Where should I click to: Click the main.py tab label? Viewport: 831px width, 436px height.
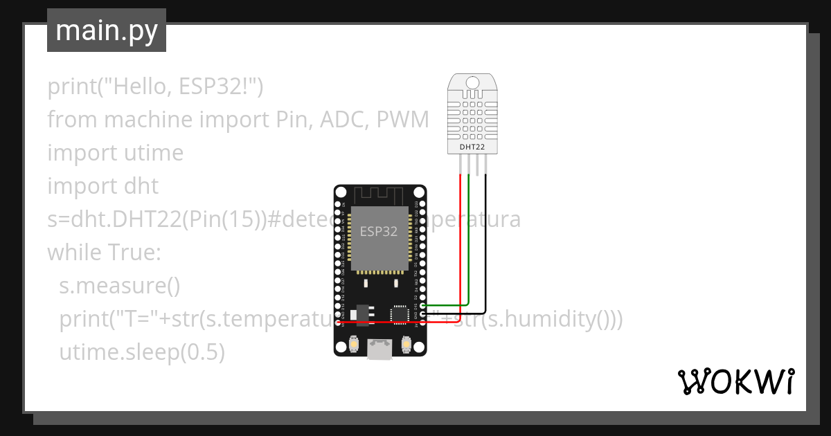click(x=106, y=30)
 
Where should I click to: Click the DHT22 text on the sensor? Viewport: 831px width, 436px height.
click(x=472, y=147)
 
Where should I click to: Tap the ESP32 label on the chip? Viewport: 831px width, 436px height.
click(x=379, y=231)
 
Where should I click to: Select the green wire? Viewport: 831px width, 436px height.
click(x=469, y=242)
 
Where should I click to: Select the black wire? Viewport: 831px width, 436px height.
click(x=485, y=242)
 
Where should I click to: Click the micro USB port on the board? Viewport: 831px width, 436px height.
click(x=379, y=351)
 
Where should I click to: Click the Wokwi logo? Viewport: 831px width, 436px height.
click(x=735, y=381)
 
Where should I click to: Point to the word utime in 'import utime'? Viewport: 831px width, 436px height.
click(x=152, y=153)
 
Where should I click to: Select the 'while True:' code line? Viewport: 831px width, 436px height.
click(x=104, y=253)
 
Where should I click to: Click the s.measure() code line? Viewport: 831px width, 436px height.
click(x=119, y=286)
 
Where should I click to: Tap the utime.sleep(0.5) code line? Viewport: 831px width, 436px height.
click(x=142, y=352)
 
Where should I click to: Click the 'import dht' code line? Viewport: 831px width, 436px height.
click(x=102, y=186)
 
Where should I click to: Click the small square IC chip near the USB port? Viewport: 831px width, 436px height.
click(x=400, y=314)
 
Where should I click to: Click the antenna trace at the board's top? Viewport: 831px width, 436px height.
click(x=379, y=194)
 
